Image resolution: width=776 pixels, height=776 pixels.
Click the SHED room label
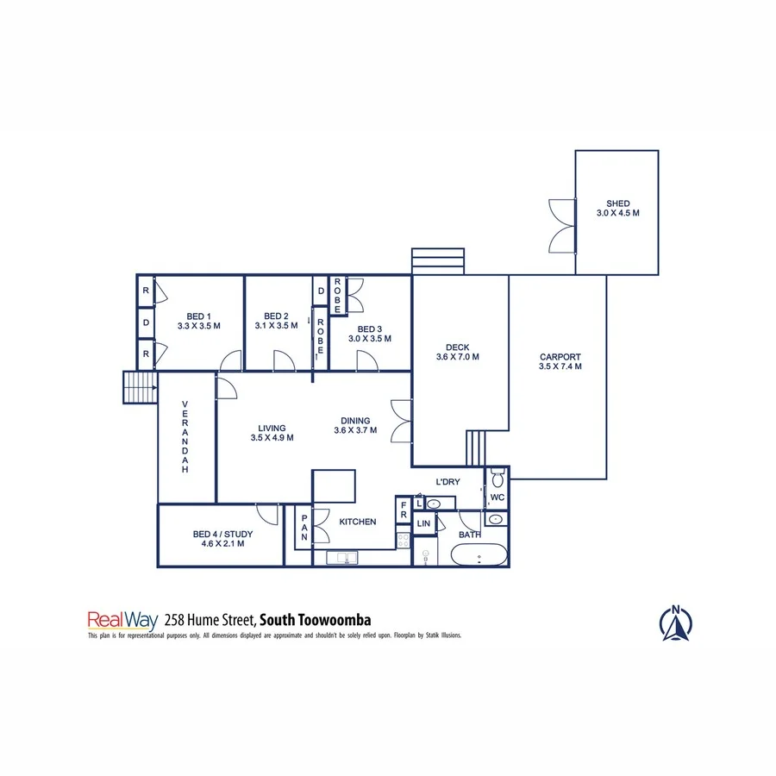[617, 204]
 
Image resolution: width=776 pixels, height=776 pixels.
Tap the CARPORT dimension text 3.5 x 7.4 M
[560, 366]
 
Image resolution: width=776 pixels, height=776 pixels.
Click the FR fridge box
[403, 510]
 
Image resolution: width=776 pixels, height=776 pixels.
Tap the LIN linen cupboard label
[423, 523]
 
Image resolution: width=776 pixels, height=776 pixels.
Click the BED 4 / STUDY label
[219, 535]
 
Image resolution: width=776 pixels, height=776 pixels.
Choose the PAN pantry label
[304, 524]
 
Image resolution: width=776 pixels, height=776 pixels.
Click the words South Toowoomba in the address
[316, 619]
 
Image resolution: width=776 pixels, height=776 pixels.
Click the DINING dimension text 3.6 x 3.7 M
[355, 430]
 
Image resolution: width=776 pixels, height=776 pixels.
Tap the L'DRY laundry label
[448, 481]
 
